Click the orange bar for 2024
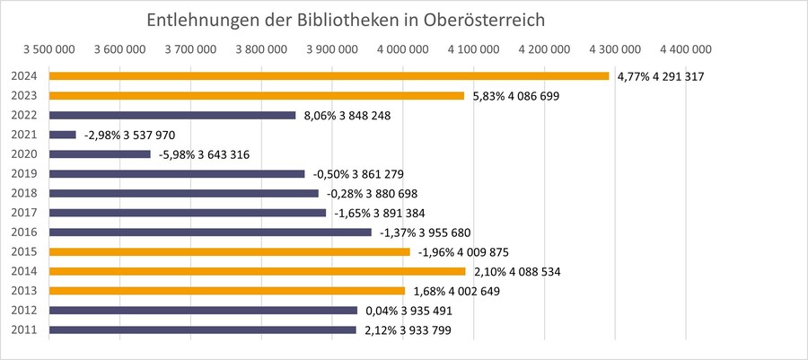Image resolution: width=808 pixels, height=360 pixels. (329, 76)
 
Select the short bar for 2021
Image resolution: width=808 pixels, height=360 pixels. (63, 135)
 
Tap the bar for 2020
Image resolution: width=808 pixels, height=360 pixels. (100, 154)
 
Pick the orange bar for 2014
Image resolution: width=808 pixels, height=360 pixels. (257, 271)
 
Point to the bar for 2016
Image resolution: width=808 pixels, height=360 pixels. (210, 233)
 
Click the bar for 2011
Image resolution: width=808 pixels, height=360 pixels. (202, 330)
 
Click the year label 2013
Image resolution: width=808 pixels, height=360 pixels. (24, 291)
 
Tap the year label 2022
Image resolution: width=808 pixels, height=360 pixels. (24, 115)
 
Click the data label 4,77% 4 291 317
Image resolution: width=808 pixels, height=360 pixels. (660, 77)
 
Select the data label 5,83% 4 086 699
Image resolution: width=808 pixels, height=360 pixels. (515, 96)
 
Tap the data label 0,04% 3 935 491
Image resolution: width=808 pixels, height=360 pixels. (408, 311)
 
